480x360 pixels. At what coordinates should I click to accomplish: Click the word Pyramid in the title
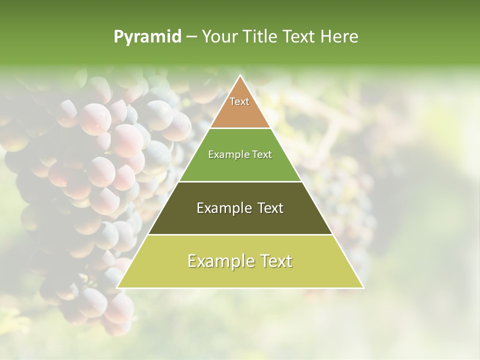point(147,37)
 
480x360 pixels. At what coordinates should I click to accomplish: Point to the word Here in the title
point(339,37)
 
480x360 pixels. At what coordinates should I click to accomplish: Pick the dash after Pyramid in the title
point(191,37)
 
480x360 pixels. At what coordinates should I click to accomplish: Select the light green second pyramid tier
point(240,165)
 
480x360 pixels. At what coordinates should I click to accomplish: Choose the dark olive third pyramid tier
point(240,220)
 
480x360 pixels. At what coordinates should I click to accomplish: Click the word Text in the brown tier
point(239,101)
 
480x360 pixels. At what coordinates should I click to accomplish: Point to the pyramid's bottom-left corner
point(118,287)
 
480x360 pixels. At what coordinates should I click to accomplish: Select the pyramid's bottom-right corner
point(363,287)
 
